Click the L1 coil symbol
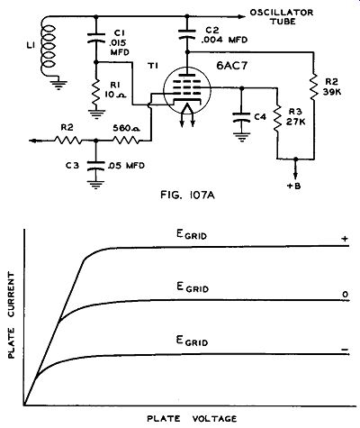(49, 47)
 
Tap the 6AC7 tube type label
(232, 66)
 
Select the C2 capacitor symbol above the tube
(186, 34)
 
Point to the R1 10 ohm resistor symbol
(96, 93)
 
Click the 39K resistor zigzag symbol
(314, 87)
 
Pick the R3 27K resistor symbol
(276, 118)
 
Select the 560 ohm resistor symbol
(126, 140)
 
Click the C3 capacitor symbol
(95, 166)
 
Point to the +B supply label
(293, 186)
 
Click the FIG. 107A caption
(187, 196)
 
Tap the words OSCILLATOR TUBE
(282, 17)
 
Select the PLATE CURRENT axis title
(11, 315)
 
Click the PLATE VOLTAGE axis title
(192, 418)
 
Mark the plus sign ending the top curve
(346, 239)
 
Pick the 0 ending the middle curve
(346, 295)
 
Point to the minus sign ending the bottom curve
(345, 350)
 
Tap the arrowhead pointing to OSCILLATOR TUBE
(240, 16)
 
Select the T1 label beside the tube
(153, 66)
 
